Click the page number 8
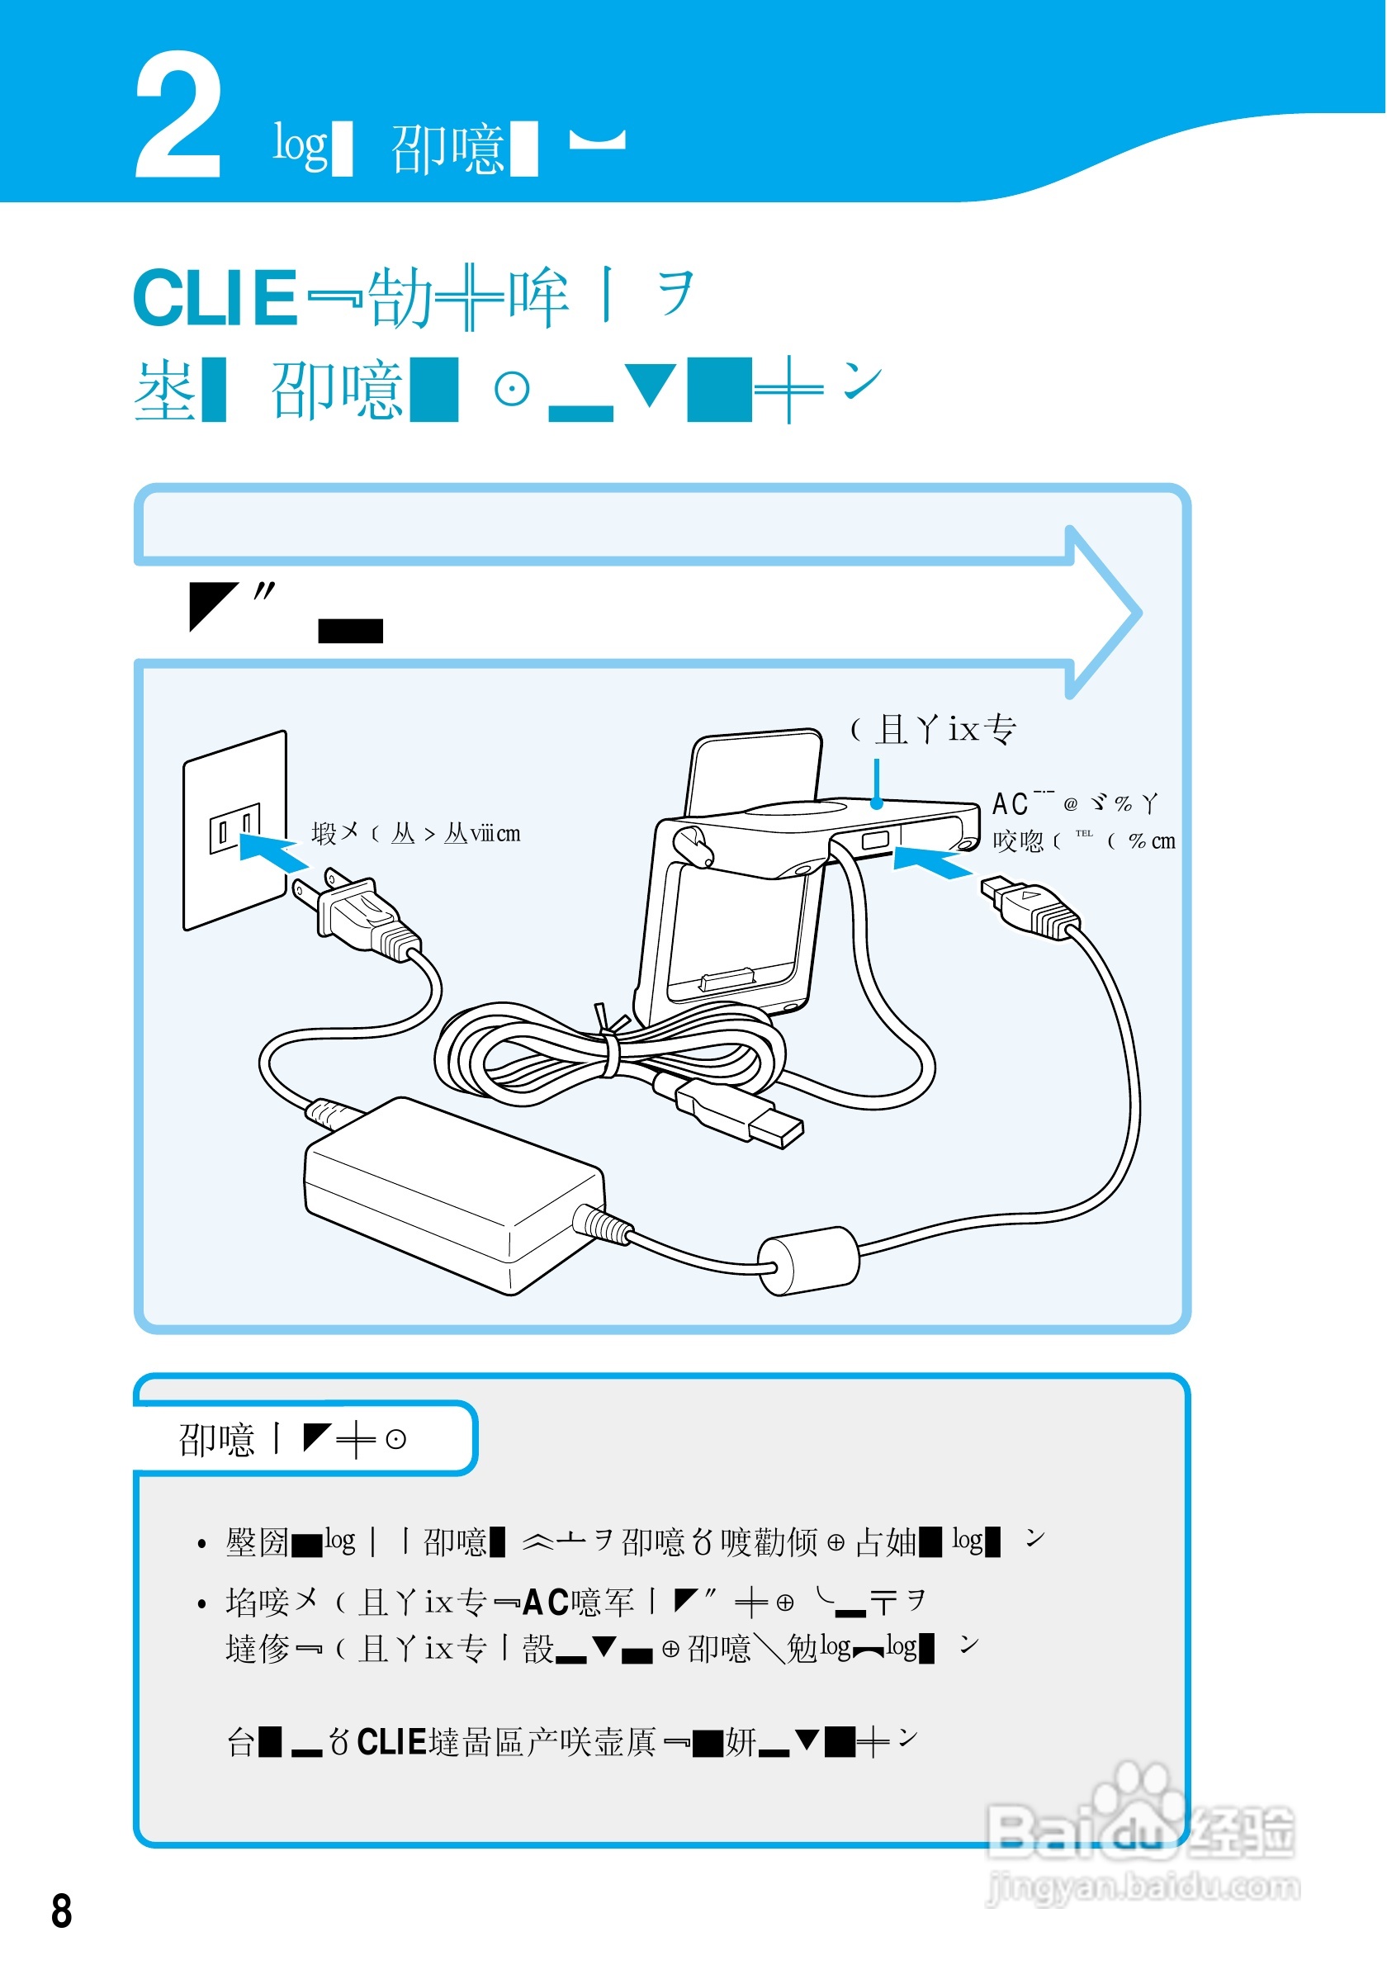pos(62,1912)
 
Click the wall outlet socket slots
pos(234,826)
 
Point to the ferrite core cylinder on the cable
pos(809,1261)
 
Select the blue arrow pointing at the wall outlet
pos(272,852)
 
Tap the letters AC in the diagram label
pos(1011,804)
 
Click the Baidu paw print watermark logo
pos(1138,1810)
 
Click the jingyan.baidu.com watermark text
pos(1144,1887)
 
